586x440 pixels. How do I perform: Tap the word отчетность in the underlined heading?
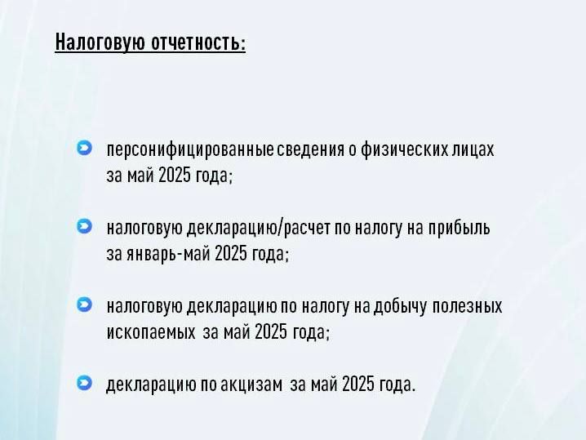[198, 41]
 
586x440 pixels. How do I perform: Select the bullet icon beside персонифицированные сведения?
[84, 148]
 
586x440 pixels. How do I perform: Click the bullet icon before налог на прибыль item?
[84, 226]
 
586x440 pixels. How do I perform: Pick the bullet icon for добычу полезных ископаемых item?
[84, 304]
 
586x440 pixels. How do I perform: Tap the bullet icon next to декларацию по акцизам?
[84, 383]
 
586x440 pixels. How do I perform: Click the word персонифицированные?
[190, 149]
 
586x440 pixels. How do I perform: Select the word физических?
[404, 149]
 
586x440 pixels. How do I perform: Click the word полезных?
[467, 306]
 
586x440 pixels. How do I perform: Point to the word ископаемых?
[151, 332]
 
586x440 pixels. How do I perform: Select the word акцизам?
[251, 384]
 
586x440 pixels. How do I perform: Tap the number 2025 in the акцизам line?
[357, 384]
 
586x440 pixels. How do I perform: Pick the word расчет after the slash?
[307, 228]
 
